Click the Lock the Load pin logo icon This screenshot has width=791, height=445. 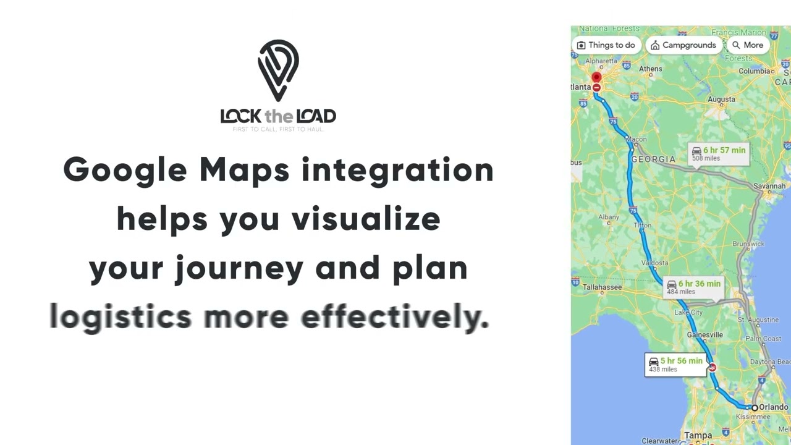pos(278,70)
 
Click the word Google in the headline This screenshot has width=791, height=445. pos(125,170)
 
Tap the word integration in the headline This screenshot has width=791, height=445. pos(397,170)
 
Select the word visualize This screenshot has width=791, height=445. pos(366,219)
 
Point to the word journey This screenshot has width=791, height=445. pos(239,268)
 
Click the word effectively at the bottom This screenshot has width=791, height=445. pos(395,317)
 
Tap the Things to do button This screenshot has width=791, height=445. pos(606,45)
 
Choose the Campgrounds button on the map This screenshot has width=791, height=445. pos(683,45)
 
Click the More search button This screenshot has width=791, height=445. pos(747,45)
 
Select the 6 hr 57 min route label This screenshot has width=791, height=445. pos(719,154)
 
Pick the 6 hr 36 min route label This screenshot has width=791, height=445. pos(693,287)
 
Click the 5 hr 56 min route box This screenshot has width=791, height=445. pos(675,365)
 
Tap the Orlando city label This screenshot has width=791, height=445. pos(773,407)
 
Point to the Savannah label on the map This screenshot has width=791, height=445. pos(769,186)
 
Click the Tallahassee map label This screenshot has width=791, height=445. pos(602,287)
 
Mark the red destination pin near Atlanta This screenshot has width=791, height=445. pos(596,78)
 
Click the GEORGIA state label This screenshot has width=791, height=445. pos(653,159)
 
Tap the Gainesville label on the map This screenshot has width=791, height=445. pos(704,335)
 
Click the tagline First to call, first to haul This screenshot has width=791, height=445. pos(278,129)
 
